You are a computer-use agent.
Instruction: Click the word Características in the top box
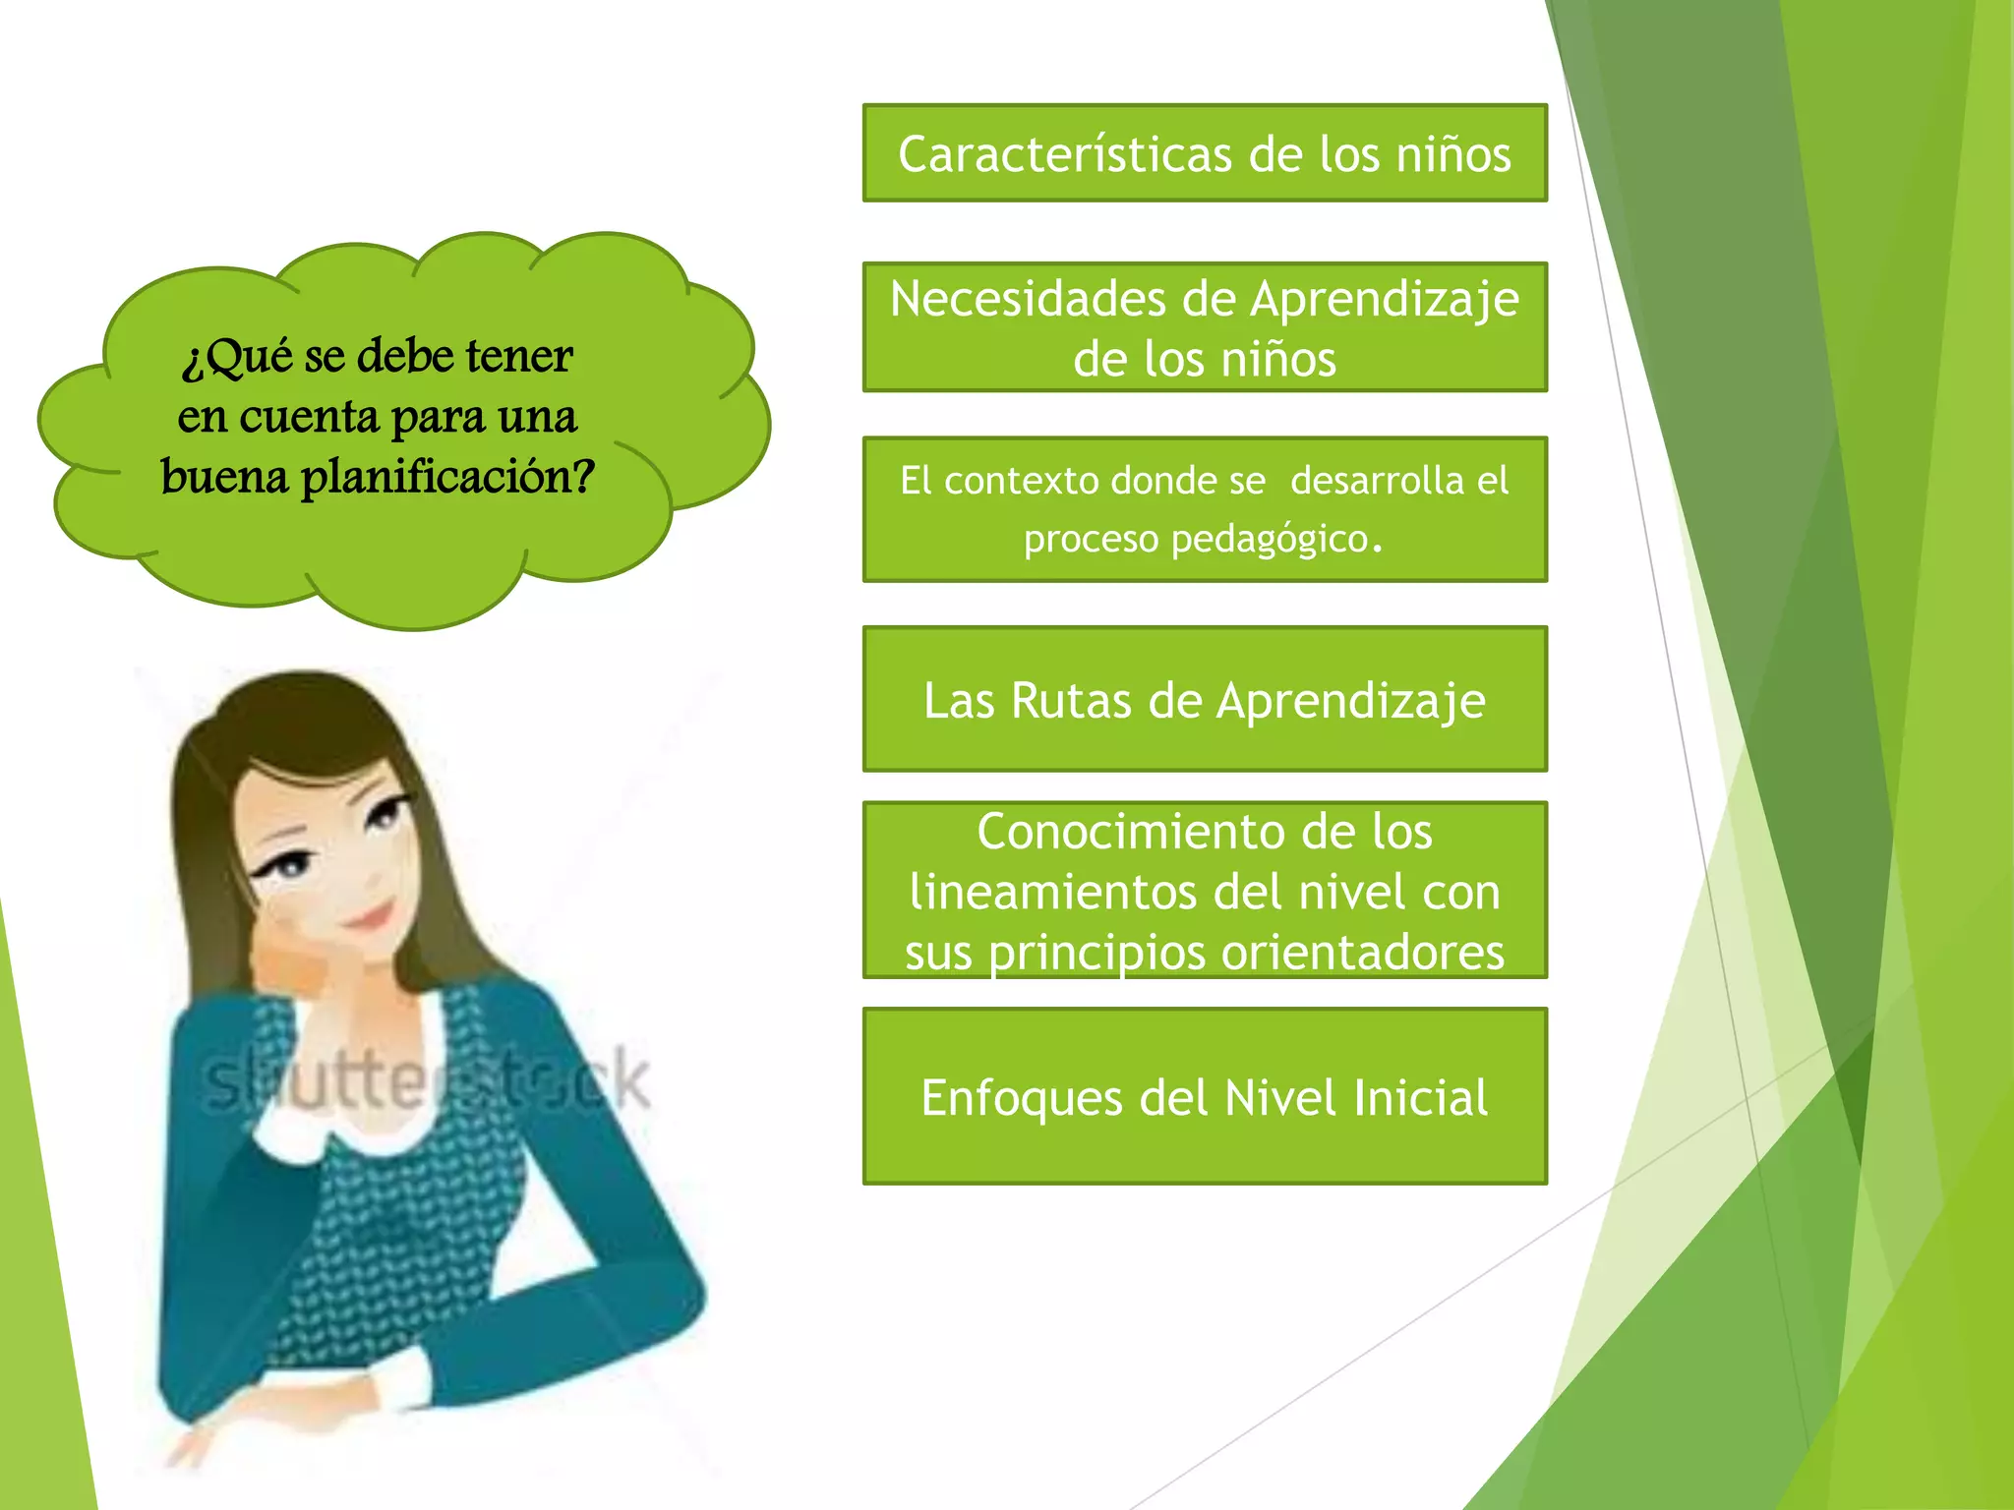1066,154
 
